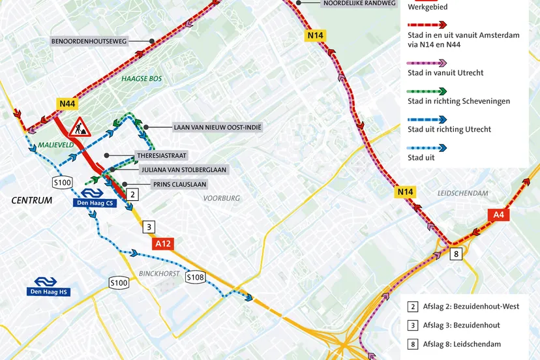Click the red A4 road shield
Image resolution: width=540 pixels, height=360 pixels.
(x=498, y=214)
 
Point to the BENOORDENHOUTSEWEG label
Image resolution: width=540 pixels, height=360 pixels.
(x=98, y=41)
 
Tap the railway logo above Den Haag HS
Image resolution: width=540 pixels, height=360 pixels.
(x=48, y=280)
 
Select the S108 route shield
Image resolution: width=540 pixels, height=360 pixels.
(x=195, y=277)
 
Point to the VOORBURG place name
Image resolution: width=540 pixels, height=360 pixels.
(x=221, y=198)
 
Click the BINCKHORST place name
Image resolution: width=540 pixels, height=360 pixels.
(x=159, y=273)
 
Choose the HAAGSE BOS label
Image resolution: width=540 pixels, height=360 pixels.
(x=141, y=79)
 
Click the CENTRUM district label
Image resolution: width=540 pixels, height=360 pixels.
(x=31, y=200)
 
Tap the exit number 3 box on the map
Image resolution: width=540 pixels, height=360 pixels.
(x=149, y=227)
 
